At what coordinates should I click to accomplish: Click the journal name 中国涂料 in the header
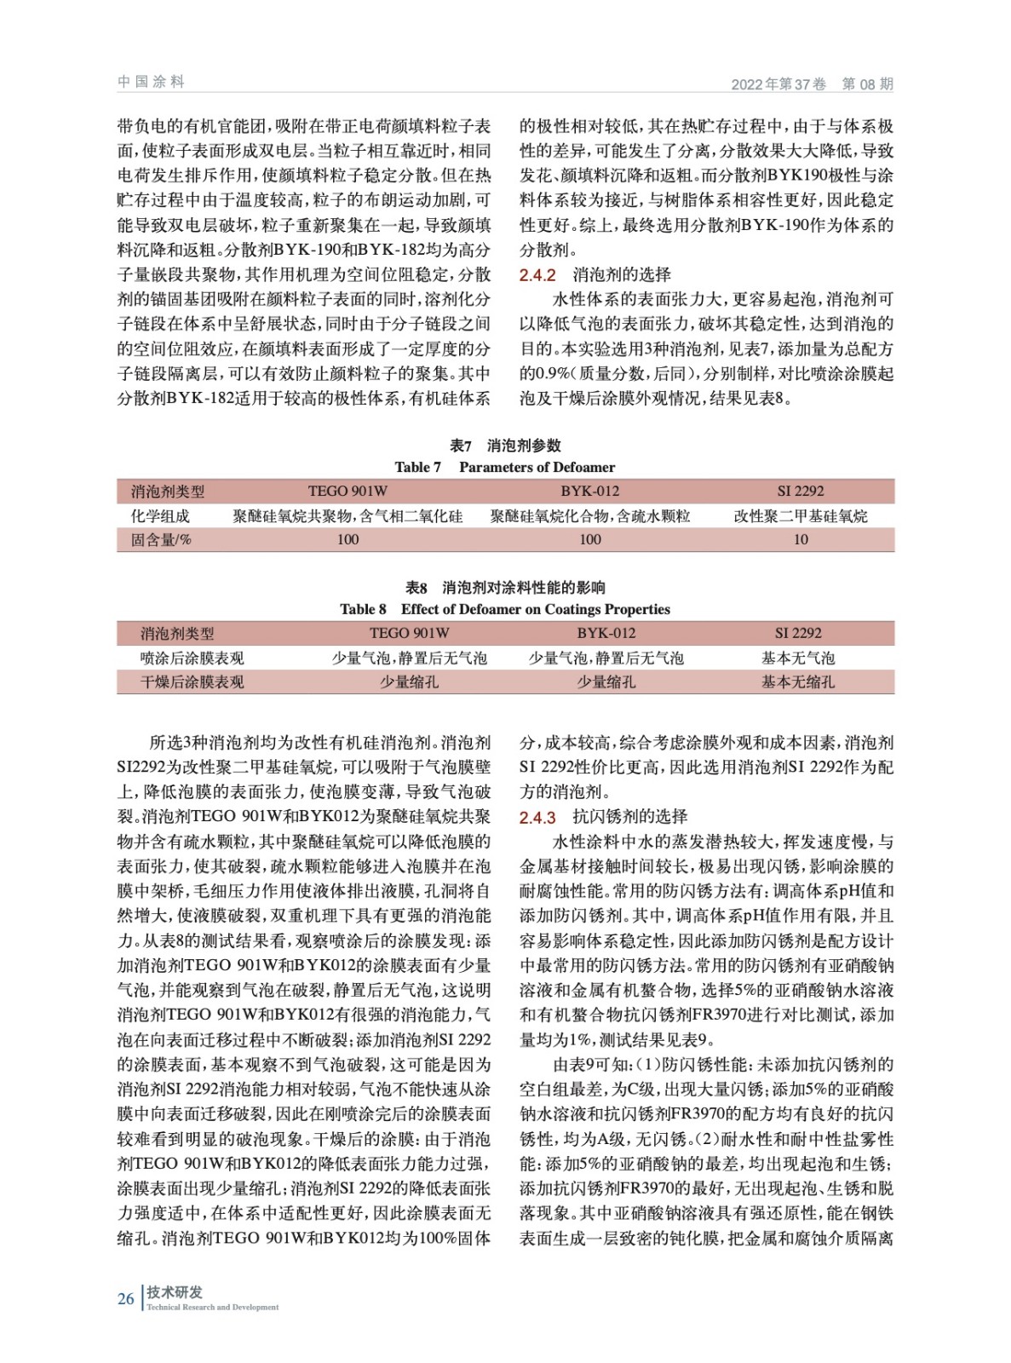[x=151, y=82]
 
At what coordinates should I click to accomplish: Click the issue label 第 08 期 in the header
[x=867, y=83]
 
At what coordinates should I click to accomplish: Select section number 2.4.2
[x=537, y=275]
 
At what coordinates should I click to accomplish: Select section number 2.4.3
[x=537, y=818]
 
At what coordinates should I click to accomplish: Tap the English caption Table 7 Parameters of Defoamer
[x=504, y=467]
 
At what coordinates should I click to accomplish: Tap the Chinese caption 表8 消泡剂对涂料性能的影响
[x=505, y=588]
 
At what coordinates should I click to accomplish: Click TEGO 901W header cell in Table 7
[x=348, y=491]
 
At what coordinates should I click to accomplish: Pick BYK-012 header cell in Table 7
[x=589, y=491]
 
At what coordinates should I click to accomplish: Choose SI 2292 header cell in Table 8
[x=798, y=633]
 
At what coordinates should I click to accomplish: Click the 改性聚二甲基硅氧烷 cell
[x=801, y=515]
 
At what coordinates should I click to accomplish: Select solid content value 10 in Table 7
[x=801, y=539]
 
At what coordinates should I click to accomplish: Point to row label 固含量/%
[x=161, y=539]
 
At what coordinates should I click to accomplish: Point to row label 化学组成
[x=160, y=515]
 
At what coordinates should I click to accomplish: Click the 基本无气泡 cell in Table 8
[x=798, y=658]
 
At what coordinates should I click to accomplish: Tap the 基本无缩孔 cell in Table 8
[x=798, y=681]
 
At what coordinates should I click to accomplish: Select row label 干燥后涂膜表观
[x=192, y=681]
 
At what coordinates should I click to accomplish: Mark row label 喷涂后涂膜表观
[x=192, y=658]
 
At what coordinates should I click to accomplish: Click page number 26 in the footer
[x=126, y=1298]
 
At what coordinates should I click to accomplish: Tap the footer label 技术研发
[x=175, y=1291]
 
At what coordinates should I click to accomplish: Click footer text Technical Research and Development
[x=212, y=1307]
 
